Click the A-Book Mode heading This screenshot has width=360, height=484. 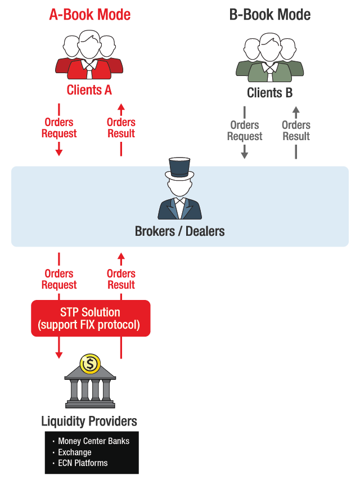point(90,15)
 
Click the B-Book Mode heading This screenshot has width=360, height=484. point(270,15)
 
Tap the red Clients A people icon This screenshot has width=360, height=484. point(89,56)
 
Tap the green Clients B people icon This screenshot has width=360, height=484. point(270,59)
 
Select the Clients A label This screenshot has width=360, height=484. point(89,89)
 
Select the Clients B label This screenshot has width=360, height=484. point(270,93)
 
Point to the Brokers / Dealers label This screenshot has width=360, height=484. point(179,231)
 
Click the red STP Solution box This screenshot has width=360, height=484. point(91,319)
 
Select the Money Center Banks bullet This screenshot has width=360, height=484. point(93,441)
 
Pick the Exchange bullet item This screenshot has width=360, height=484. point(75,452)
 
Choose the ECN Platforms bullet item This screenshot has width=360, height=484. point(83,463)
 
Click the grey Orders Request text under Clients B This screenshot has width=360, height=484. point(245,131)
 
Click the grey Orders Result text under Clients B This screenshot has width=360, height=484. point(296,131)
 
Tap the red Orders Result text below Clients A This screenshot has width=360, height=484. point(121,128)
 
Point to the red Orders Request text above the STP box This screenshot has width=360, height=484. point(59,279)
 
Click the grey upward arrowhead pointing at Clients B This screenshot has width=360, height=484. point(296,109)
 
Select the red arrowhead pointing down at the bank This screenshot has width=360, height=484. point(59,355)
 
